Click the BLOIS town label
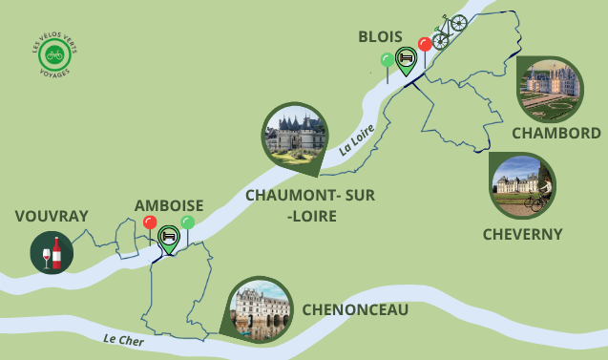click(380, 36)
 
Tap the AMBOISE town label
click(168, 205)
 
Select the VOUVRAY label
click(51, 217)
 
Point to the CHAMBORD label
click(556, 133)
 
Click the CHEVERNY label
click(522, 234)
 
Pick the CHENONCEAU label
click(355, 309)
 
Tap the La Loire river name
click(357, 138)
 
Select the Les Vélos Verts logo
click(54, 54)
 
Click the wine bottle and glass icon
click(52, 253)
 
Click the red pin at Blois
click(425, 45)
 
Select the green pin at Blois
click(387, 61)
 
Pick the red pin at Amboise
click(149, 223)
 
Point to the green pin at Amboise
click(187, 222)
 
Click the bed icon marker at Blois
click(405, 58)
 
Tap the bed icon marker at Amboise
click(168, 236)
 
